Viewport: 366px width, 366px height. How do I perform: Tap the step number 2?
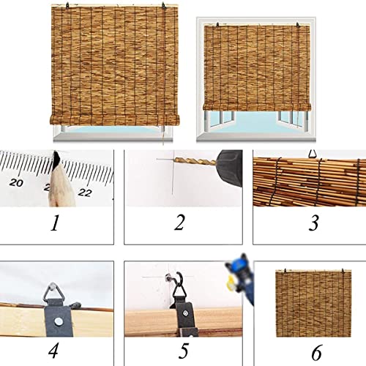coord(179,222)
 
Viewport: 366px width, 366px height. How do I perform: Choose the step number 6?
coord(315,353)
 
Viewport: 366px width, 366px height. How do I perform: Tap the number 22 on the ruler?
coord(86,193)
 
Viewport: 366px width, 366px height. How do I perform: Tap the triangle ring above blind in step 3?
coord(315,154)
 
